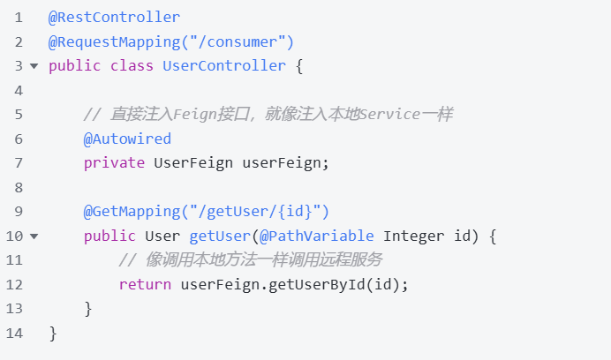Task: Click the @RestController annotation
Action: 114,18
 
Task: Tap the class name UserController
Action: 224,66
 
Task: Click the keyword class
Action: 132,66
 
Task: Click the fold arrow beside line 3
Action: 34,66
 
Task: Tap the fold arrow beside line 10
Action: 34,236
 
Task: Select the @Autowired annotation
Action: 127,139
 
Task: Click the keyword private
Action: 114,163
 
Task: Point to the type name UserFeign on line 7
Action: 193,163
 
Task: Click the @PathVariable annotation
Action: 317,236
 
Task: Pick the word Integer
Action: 413,236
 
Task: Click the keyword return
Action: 145,285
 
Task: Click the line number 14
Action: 14,334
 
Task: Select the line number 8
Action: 19,188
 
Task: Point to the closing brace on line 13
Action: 88,310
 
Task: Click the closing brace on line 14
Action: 53,334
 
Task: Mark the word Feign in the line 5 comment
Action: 195,115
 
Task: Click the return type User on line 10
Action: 162,236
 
